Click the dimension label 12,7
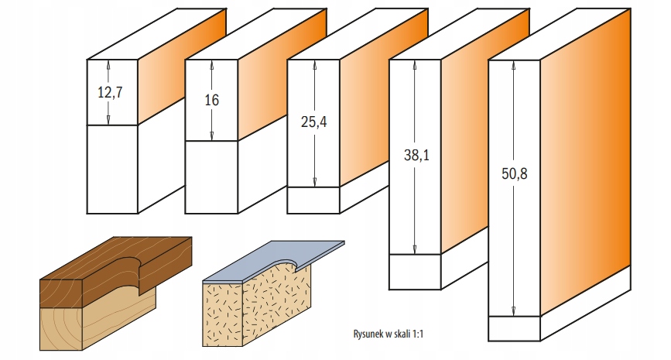(x=110, y=92)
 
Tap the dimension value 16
(x=211, y=100)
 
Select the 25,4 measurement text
(x=313, y=122)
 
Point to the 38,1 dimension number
(x=416, y=155)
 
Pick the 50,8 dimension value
(x=515, y=173)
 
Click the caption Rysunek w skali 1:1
(x=389, y=334)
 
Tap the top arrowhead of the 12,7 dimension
(x=108, y=64)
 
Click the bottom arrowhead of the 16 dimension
(x=212, y=135)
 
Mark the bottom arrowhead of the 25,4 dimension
(x=314, y=182)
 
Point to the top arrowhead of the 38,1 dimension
(x=414, y=64)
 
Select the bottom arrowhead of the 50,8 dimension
(x=514, y=311)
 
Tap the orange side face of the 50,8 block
(x=585, y=163)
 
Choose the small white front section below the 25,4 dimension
(x=313, y=201)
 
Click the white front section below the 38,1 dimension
(x=415, y=272)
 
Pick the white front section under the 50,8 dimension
(x=514, y=329)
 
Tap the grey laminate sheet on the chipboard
(x=274, y=261)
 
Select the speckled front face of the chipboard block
(x=223, y=314)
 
